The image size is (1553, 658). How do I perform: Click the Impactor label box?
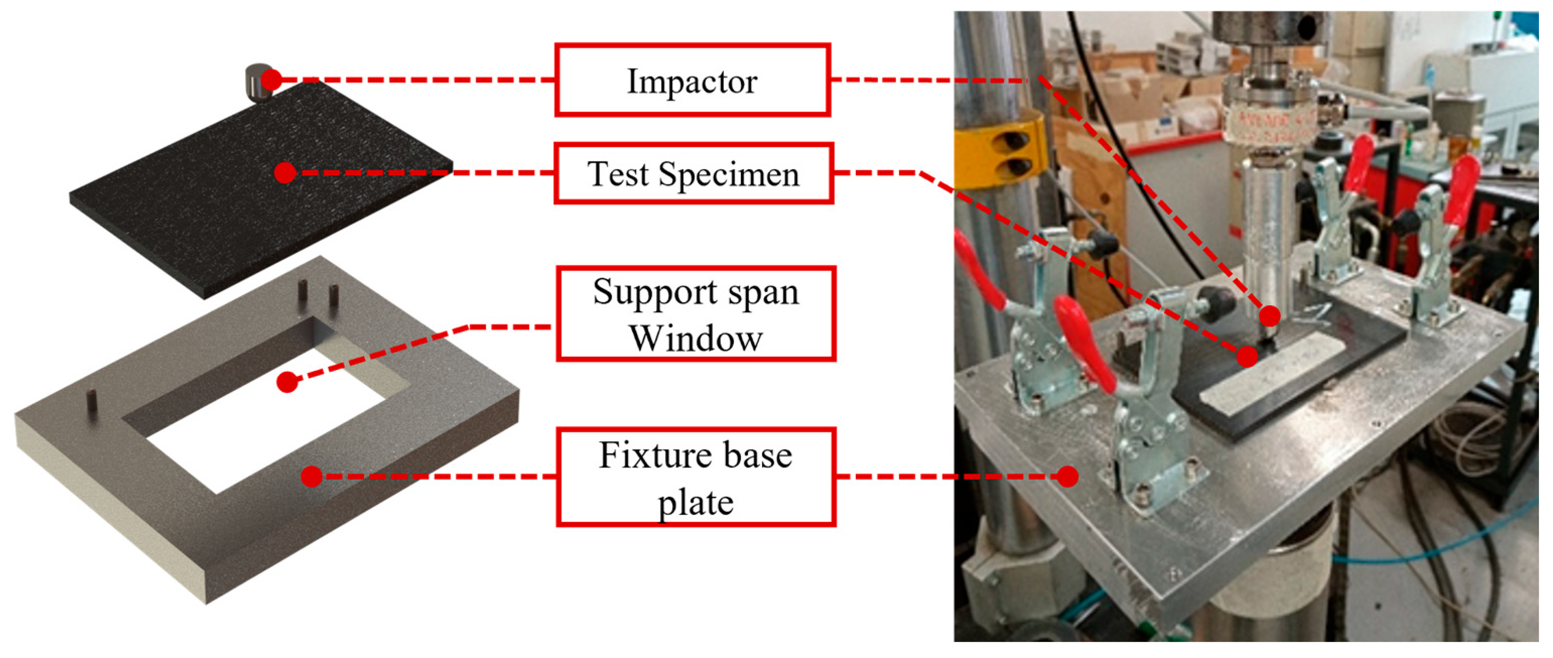click(x=692, y=80)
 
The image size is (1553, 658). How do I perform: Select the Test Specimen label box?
click(x=693, y=174)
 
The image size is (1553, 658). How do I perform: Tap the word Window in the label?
click(x=696, y=339)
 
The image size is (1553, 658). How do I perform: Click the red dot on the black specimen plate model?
click(x=285, y=173)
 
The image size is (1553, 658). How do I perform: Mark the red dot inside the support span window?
click(x=288, y=382)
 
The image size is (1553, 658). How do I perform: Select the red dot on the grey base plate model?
click(x=312, y=477)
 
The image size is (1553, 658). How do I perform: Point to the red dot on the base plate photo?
click(x=1067, y=477)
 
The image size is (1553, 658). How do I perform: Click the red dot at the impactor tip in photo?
click(x=1269, y=315)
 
